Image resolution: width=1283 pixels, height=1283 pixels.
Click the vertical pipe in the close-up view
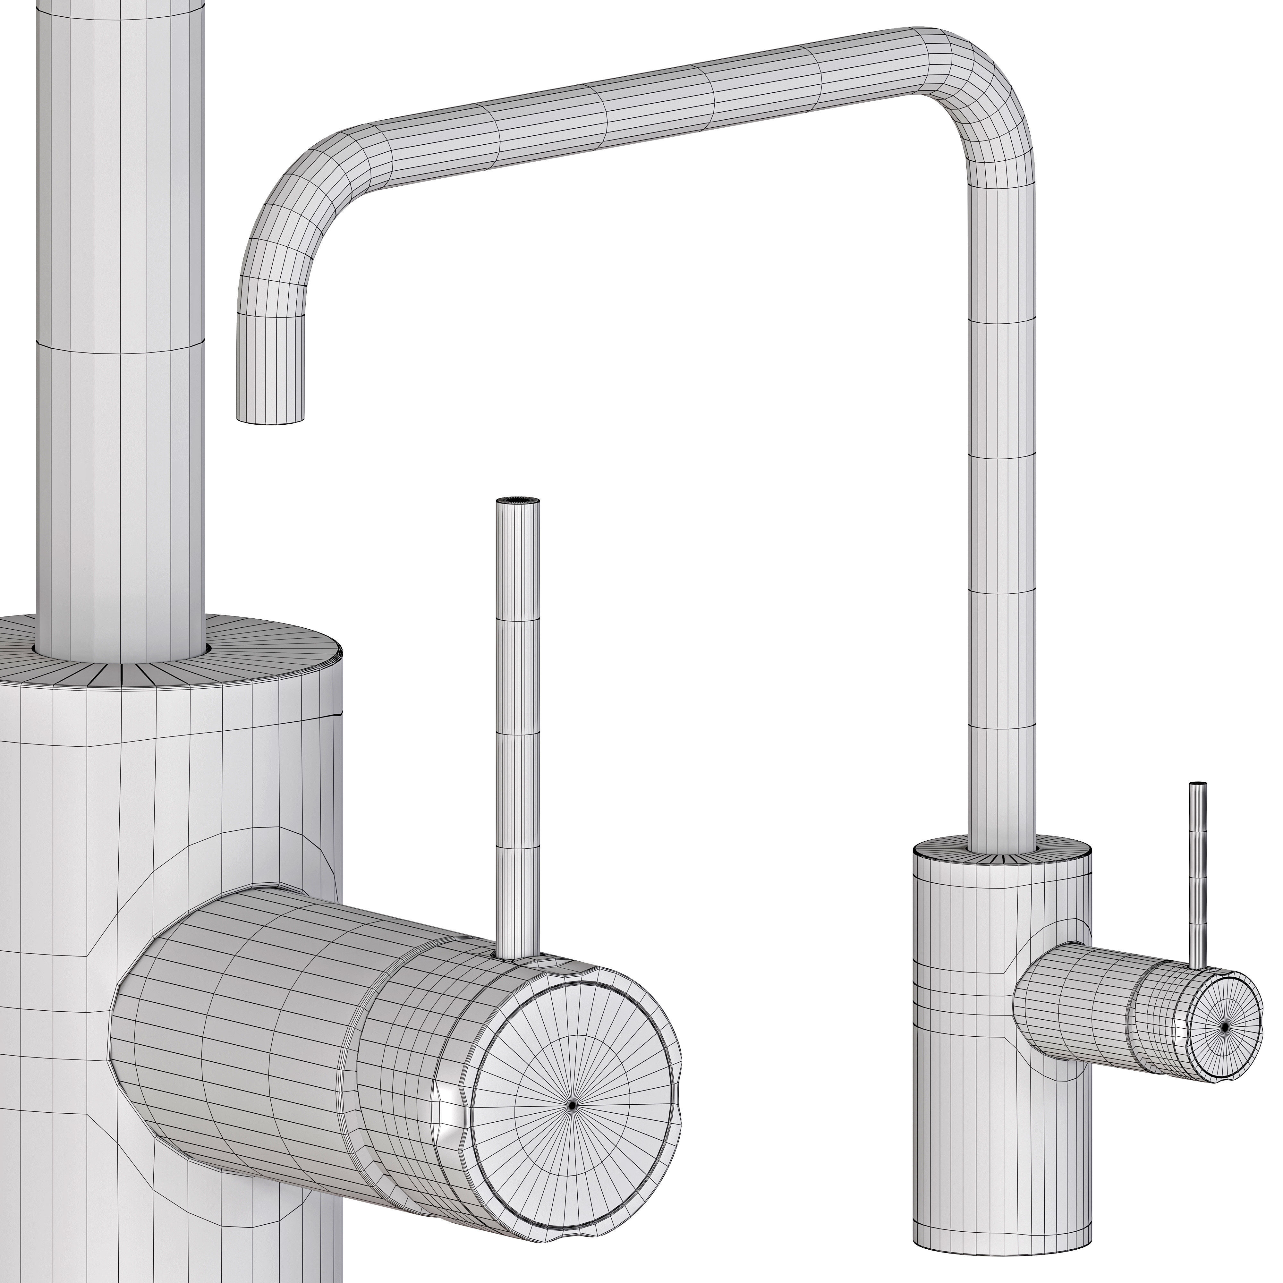click(x=120, y=465)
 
